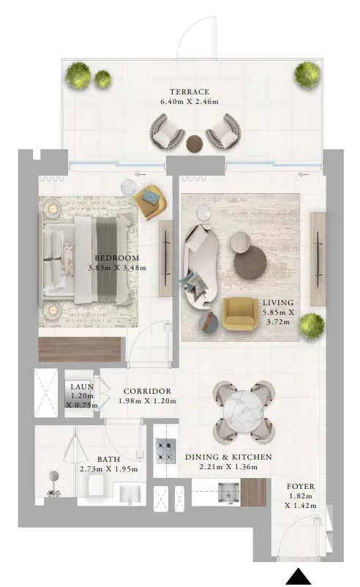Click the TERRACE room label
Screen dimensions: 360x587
pyautogui.click(x=190, y=91)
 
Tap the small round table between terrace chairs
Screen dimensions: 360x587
pyautogui.click(x=195, y=142)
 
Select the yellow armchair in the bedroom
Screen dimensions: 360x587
pyautogui.click(x=151, y=203)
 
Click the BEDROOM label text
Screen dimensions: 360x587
pyautogui.click(x=117, y=258)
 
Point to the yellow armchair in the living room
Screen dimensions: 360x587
pyautogui.click(x=240, y=314)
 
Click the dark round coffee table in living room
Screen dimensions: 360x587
pyautogui.click(x=250, y=261)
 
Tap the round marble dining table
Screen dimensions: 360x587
pyautogui.click(x=244, y=411)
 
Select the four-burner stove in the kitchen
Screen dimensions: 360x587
pyautogui.click(x=166, y=451)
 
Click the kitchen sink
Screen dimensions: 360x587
pyautogui.click(x=228, y=492)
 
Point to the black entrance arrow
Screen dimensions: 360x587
pyautogui.click(x=299, y=577)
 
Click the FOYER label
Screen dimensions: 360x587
pyautogui.click(x=301, y=486)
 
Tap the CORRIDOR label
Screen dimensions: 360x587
pyautogui.click(x=148, y=391)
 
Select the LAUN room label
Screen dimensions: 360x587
pyautogui.click(x=83, y=386)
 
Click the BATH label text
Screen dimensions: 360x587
pyautogui.click(x=108, y=460)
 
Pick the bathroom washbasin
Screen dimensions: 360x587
pyautogui.click(x=130, y=495)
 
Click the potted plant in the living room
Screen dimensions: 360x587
pyautogui.click(x=312, y=325)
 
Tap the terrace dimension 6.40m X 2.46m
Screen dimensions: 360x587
pyautogui.click(x=190, y=102)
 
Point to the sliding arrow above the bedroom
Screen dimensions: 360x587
pyautogui.click(x=141, y=174)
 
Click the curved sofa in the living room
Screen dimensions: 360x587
pyautogui.click(x=200, y=266)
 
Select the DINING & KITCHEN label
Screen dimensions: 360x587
pyautogui.click(x=228, y=457)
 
